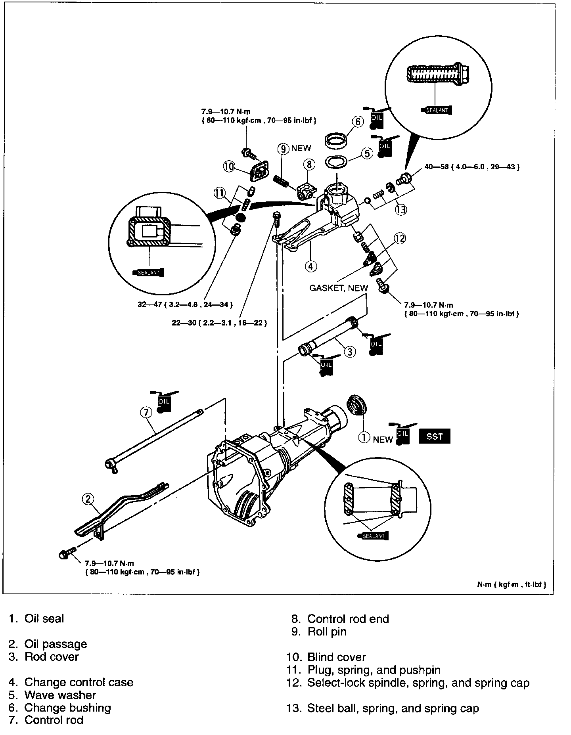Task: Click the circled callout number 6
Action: tap(358, 122)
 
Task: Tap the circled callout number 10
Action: tap(229, 167)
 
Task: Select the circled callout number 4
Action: tap(311, 266)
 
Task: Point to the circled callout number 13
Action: tap(401, 209)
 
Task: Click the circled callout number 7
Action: tap(146, 413)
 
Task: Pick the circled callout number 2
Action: tap(88, 499)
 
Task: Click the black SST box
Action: tap(435, 436)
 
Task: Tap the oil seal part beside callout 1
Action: tap(357, 408)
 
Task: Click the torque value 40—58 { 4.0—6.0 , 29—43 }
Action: tap(472, 167)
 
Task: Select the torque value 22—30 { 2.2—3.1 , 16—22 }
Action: tap(219, 323)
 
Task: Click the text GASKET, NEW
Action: tap(338, 288)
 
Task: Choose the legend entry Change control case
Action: tap(79, 682)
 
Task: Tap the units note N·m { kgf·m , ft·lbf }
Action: tap(512, 585)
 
